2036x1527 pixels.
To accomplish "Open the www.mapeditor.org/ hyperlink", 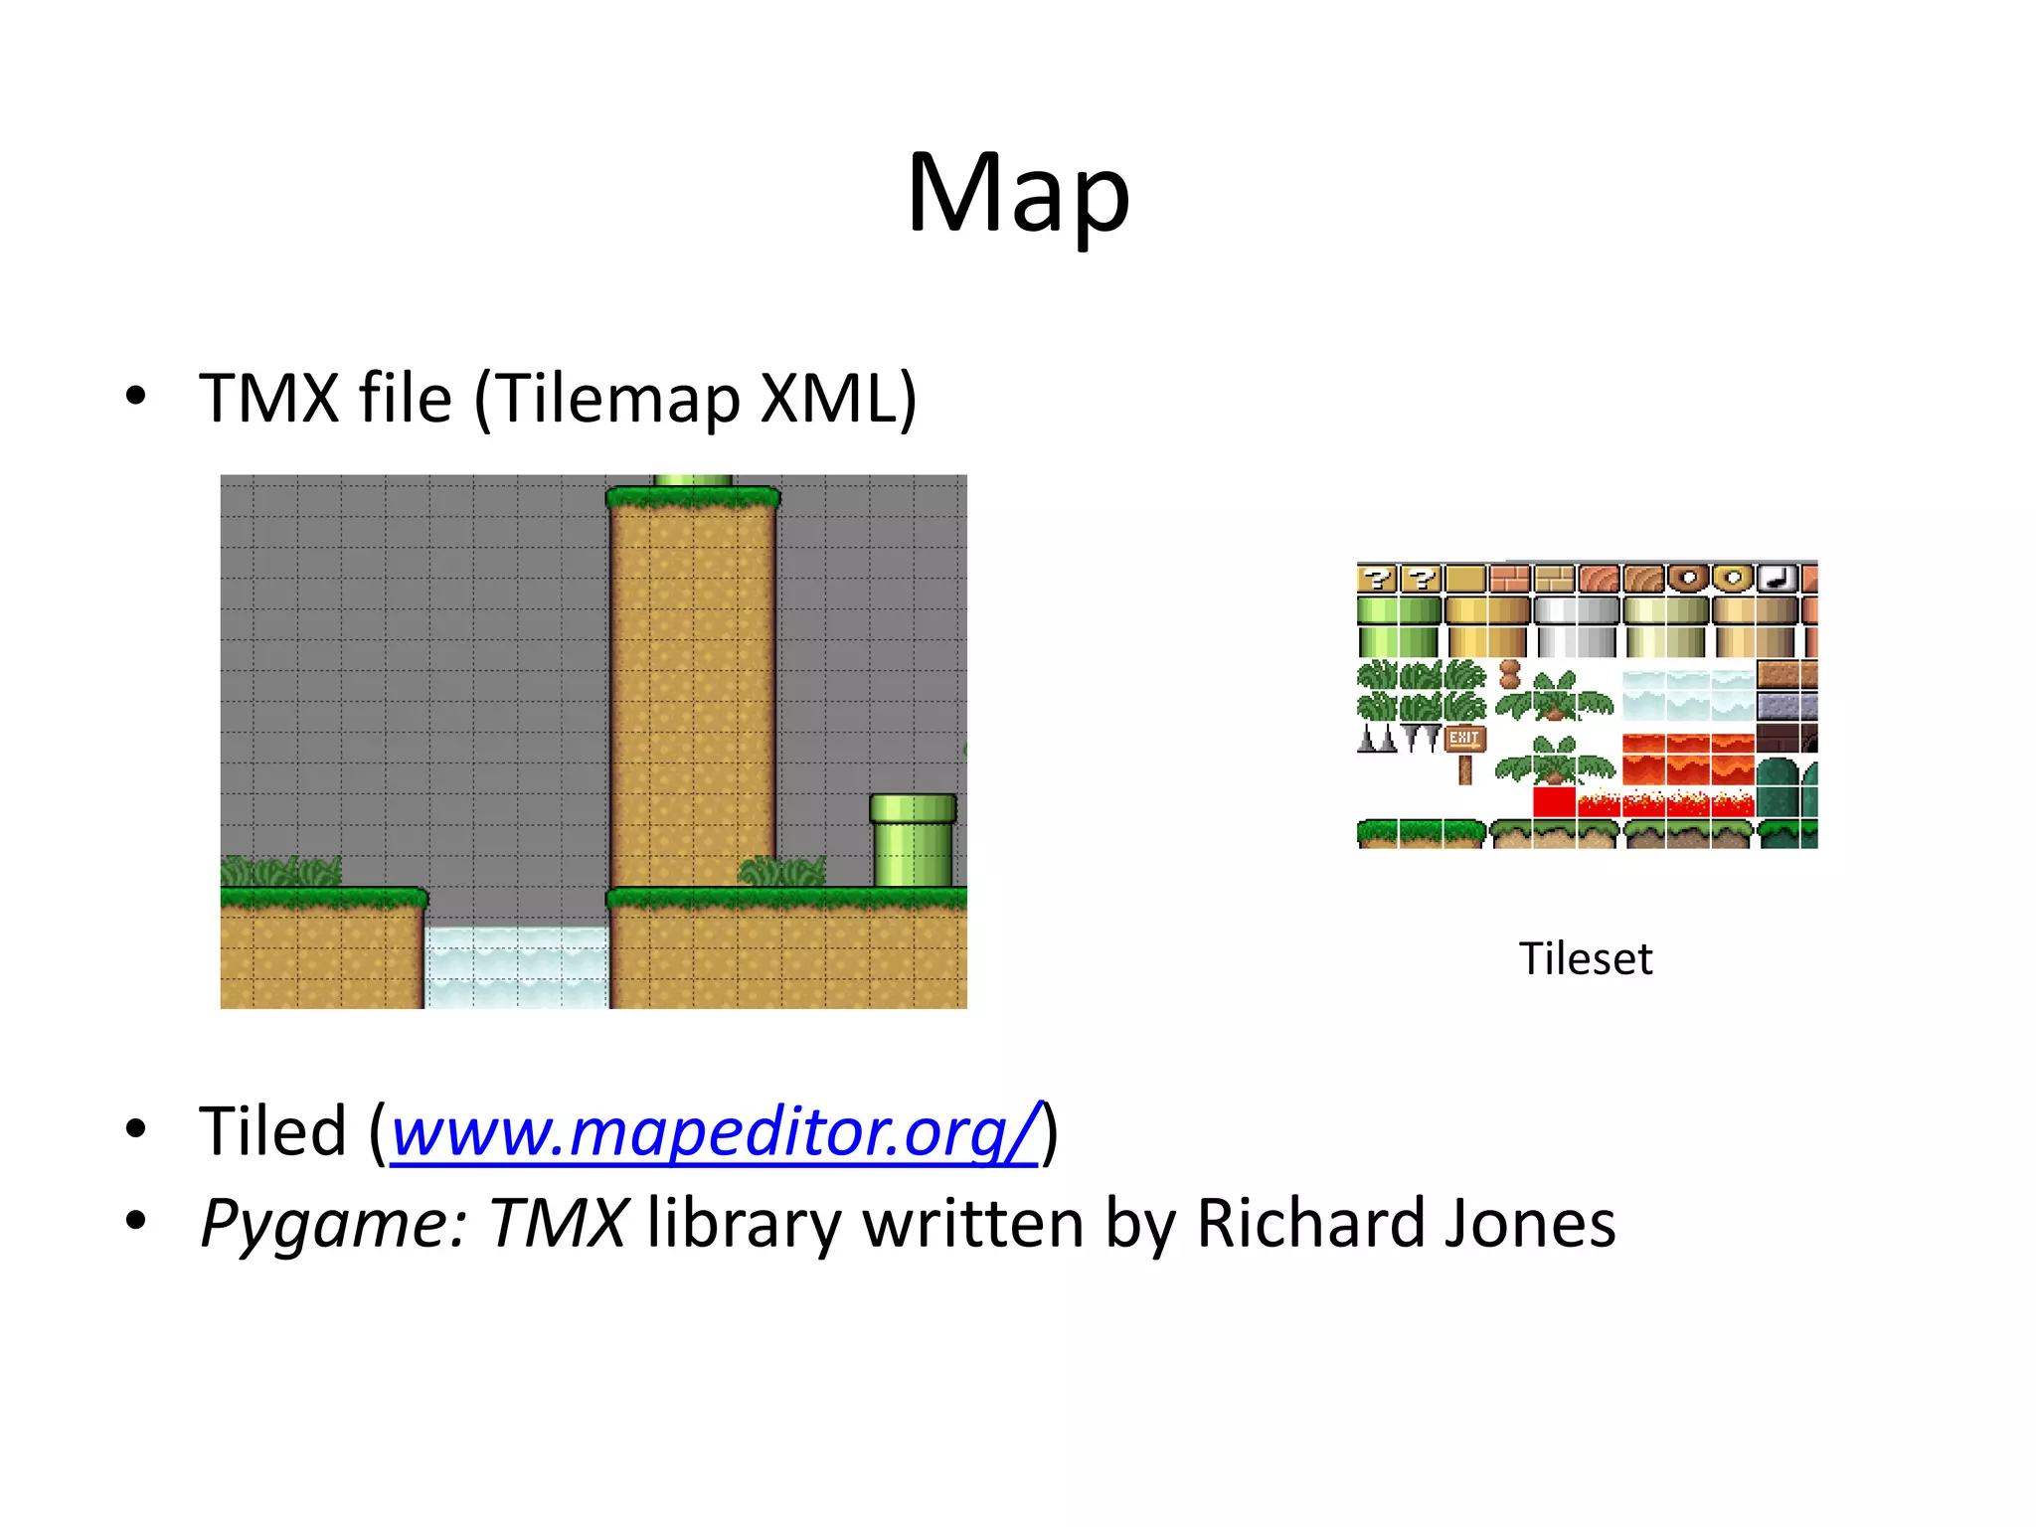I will [x=715, y=1131].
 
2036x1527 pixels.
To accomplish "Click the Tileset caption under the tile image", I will [x=1586, y=959].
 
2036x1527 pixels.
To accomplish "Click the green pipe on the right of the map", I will [x=913, y=839].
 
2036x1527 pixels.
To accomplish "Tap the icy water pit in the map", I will [x=516, y=966].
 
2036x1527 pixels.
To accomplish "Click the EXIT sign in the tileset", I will [x=1463, y=738].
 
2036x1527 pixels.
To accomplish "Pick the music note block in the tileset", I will [x=1778, y=578].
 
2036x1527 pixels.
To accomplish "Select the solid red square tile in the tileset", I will [x=1554, y=800].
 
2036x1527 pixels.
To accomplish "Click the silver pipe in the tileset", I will [x=1577, y=626].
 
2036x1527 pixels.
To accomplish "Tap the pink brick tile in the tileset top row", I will [x=1510, y=578].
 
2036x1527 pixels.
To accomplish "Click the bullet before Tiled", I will [x=136, y=1130].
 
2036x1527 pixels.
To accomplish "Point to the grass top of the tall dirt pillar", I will [x=693, y=496].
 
